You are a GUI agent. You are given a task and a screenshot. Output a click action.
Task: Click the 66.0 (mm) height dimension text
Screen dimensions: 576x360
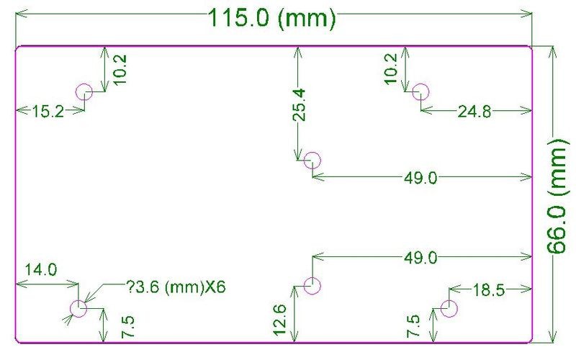click(x=558, y=196)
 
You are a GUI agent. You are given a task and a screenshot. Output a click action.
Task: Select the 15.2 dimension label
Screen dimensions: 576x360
click(x=48, y=112)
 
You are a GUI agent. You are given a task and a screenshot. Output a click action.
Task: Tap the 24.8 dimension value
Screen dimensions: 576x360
click(x=474, y=112)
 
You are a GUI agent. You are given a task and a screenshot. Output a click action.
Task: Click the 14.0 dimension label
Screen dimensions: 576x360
click(x=41, y=270)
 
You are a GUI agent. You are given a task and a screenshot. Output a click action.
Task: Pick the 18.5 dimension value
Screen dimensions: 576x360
click(x=489, y=290)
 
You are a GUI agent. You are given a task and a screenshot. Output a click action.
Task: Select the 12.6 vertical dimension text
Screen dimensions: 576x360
click(x=280, y=320)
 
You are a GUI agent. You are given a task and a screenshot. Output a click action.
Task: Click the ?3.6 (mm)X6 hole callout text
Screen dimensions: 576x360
click(x=176, y=287)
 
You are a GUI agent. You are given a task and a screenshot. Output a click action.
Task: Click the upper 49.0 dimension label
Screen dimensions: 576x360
click(x=420, y=178)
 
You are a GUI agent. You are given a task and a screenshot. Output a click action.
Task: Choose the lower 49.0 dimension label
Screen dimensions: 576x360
click(x=420, y=258)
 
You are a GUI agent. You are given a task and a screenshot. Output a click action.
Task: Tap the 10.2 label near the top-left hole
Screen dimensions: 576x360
click(x=120, y=70)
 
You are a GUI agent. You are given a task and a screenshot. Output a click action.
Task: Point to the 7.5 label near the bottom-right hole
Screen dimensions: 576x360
click(x=414, y=326)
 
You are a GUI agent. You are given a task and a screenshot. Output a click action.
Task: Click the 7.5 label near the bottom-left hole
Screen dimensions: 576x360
click(x=129, y=327)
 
